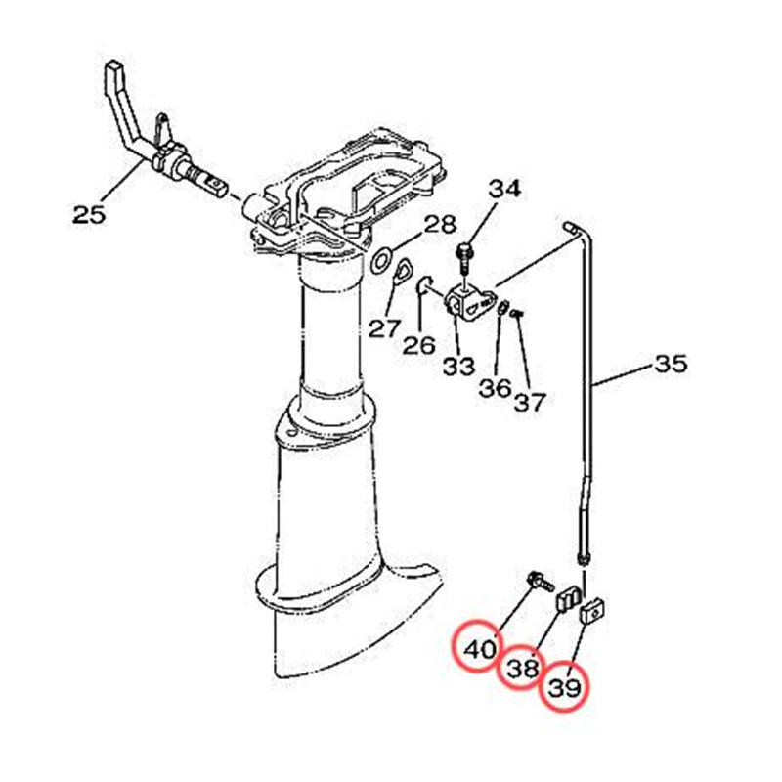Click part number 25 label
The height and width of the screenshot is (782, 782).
click(89, 215)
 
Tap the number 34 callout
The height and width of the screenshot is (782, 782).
click(504, 189)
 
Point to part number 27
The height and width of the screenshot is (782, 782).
click(384, 328)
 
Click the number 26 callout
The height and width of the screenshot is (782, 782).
click(419, 345)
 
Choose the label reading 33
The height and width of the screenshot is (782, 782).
click(458, 367)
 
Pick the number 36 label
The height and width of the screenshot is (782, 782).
click(496, 388)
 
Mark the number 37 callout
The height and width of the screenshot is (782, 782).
click(530, 402)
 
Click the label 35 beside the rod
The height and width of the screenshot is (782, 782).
click(671, 364)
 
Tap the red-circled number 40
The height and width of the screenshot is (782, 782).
click(479, 649)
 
